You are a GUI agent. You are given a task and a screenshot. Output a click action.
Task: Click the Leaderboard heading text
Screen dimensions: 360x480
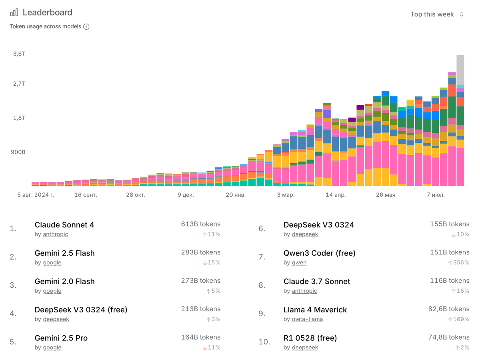[47, 12]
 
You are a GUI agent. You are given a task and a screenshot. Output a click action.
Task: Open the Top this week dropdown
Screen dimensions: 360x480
[437, 14]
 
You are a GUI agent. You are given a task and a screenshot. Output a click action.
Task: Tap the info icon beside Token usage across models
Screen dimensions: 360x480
[86, 27]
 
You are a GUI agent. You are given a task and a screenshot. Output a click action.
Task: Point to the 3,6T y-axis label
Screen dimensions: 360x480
[19, 54]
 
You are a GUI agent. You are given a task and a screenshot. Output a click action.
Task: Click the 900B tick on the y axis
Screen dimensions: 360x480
[18, 152]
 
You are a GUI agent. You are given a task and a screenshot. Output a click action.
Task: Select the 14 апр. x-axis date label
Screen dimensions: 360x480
[336, 195]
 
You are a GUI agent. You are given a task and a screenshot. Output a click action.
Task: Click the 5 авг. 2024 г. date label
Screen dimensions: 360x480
[36, 195]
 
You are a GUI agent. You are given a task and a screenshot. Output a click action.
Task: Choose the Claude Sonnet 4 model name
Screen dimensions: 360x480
[64, 225]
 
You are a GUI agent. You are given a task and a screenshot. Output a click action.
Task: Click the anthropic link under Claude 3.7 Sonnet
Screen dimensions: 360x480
[304, 291]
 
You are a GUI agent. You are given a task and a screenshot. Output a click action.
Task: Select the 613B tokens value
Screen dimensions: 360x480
[200, 224]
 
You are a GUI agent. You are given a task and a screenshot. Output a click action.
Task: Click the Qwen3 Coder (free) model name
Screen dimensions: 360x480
[319, 253]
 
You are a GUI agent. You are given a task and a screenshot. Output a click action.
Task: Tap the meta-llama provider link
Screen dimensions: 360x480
[307, 319]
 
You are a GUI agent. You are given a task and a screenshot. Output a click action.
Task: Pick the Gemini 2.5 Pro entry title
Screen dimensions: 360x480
[61, 338]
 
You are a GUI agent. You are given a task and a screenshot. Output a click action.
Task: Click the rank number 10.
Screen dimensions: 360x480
[264, 342]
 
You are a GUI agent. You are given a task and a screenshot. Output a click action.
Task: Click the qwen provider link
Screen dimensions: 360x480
[299, 263]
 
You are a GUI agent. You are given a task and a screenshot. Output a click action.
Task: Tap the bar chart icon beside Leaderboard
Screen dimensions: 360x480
[14, 12]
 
